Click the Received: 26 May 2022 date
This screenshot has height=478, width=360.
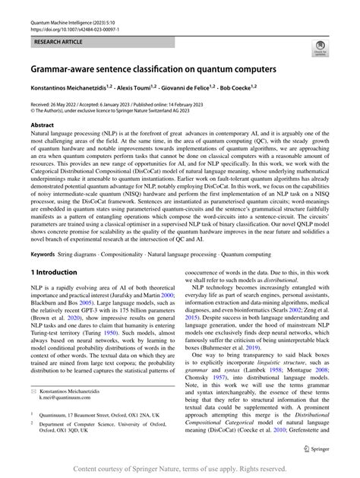click(59, 105)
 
